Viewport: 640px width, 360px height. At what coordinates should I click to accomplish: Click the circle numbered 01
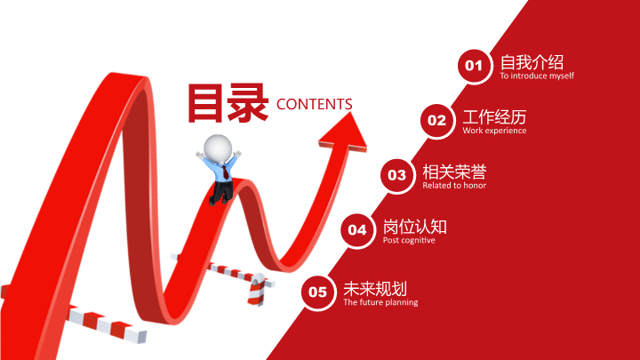[x=474, y=66]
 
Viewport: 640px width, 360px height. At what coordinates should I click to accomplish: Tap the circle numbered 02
[x=436, y=121]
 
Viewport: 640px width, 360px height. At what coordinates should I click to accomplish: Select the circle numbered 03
[x=396, y=175]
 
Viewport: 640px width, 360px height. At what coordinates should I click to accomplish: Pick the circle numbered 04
[x=357, y=230]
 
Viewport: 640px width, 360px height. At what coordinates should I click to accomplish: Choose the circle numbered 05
[x=317, y=292]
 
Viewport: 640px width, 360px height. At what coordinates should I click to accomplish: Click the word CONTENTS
[x=315, y=105]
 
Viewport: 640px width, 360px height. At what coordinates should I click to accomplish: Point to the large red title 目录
[x=228, y=103]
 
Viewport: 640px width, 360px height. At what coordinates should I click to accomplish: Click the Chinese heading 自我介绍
[x=532, y=62]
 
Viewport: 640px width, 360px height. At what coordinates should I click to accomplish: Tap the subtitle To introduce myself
[x=537, y=76]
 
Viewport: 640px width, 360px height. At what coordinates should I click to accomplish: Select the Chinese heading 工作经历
[x=494, y=117]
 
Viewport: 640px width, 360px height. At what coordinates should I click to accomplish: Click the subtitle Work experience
[x=494, y=131]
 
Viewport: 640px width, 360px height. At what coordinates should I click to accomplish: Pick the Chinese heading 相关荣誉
[x=454, y=172]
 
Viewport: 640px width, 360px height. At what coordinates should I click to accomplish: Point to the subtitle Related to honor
[x=454, y=185]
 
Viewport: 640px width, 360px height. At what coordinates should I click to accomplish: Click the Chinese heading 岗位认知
[x=415, y=227]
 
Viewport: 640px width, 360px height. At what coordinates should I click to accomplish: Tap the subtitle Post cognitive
[x=409, y=240]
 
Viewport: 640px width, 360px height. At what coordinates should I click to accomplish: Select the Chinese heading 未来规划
[x=375, y=289]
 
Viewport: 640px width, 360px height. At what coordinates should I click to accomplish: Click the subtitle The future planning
[x=380, y=302]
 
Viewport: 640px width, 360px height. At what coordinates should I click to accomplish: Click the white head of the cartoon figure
[x=218, y=149]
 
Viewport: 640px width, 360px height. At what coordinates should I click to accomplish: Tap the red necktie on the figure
[x=225, y=172]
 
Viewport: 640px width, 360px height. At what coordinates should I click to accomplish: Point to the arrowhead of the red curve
[x=344, y=132]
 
